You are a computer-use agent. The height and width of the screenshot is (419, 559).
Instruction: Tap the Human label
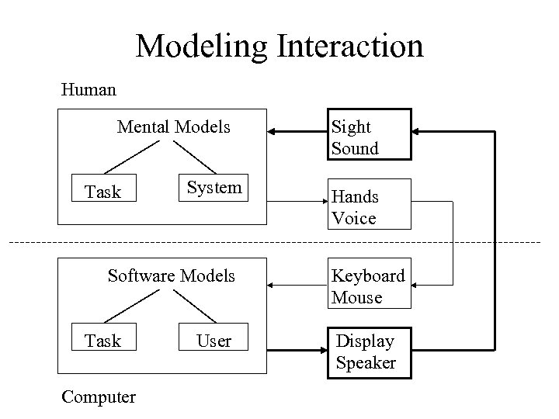click(x=89, y=90)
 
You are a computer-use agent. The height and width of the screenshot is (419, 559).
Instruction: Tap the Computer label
click(x=98, y=397)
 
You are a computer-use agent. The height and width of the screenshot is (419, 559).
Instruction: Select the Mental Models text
click(x=173, y=126)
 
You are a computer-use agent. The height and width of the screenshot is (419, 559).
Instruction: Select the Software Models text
click(x=171, y=275)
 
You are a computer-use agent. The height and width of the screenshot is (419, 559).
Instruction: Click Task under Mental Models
click(x=102, y=192)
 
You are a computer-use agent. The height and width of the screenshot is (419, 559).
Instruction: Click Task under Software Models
click(x=102, y=341)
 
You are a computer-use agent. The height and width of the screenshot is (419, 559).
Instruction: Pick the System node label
click(x=214, y=187)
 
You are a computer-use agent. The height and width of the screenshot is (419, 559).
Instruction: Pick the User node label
click(x=214, y=341)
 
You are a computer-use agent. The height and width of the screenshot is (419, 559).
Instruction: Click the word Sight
click(x=351, y=126)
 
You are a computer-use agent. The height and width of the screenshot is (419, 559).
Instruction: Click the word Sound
click(x=355, y=148)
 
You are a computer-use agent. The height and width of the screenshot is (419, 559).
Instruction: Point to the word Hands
click(x=355, y=197)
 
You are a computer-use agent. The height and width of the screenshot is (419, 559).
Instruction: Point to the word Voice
click(x=353, y=218)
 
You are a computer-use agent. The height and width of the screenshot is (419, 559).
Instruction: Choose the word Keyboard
click(x=368, y=275)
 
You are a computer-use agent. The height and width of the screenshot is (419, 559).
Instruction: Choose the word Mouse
click(x=356, y=297)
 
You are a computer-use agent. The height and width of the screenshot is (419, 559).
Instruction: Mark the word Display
click(x=365, y=341)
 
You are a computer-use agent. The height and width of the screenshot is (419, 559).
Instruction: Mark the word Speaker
click(x=366, y=362)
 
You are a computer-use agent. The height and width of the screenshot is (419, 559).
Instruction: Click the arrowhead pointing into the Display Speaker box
click(x=320, y=351)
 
